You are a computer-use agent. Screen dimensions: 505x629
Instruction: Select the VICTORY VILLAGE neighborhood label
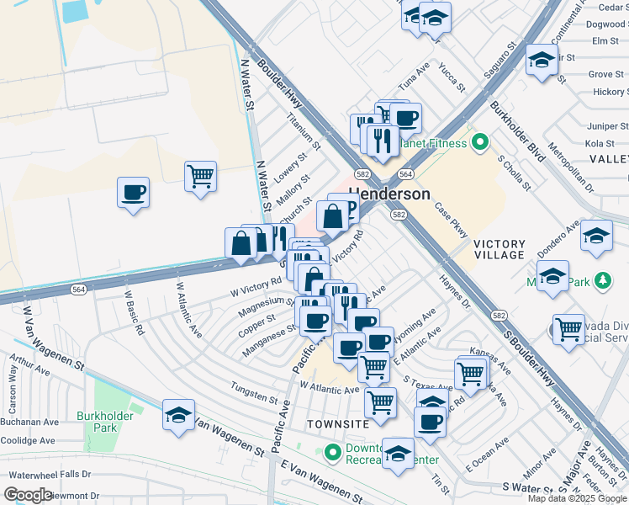[499, 249]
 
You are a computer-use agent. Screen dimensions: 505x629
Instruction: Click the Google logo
[28, 494]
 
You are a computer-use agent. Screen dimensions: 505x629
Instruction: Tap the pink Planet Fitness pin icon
[480, 142]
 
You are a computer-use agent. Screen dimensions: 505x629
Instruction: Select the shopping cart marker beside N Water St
[200, 177]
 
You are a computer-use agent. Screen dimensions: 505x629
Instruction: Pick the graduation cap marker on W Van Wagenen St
[178, 416]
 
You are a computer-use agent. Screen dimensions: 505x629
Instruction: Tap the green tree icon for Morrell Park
[601, 281]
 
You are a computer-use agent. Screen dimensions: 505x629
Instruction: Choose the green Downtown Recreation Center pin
[334, 451]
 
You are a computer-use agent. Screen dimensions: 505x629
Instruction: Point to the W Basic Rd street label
[134, 313]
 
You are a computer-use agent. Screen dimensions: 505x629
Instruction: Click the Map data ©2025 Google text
[576, 498]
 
